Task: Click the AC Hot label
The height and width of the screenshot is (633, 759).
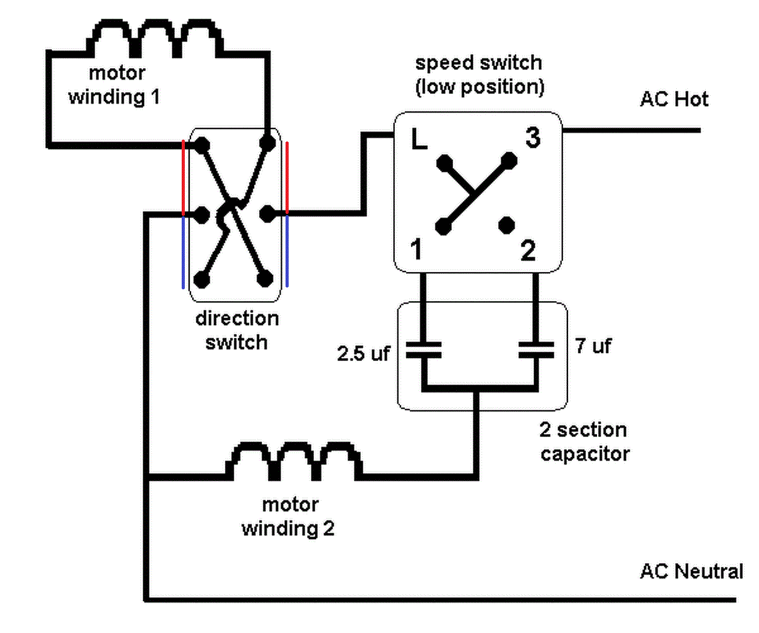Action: pyautogui.click(x=674, y=99)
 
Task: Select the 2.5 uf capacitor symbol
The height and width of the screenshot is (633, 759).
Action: pyautogui.click(x=423, y=350)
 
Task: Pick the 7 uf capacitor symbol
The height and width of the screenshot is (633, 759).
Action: pyautogui.click(x=536, y=350)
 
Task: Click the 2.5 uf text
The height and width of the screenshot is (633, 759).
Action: pyautogui.click(x=363, y=354)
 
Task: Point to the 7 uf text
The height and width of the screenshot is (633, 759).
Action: pyautogui.click(x=592, y=346)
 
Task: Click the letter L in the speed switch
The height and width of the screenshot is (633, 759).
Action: pyautogui.click(x=419, y=140)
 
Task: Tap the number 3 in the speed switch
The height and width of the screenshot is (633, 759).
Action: pyautogui.click(x=533, y=137)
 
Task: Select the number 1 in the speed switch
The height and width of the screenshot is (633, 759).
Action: pyautogui.click(x=416, y=250)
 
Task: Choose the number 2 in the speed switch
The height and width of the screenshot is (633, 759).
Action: pyautogui.click(x=528, y=250)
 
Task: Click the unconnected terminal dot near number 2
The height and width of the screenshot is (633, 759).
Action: pyautogui.click(x=507, y=225)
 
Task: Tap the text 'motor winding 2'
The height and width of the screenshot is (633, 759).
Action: pyautogui.click(x=289, y=517)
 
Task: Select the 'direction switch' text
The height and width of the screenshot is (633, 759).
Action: pyautogui.click(x=237, y=330)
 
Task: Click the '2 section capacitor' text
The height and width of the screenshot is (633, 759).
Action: pyautogui.click(x=584, y=441)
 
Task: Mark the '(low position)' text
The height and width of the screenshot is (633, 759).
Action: pyautogui.click(x=480, y=87)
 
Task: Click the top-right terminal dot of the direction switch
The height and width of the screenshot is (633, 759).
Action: pyautogui.click(x=267, y=143)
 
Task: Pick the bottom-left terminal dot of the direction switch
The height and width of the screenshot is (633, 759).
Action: pyautogui.click(x=201, y=279)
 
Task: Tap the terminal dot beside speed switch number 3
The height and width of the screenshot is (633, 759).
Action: pyautogui.click(x=509, y=162)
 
